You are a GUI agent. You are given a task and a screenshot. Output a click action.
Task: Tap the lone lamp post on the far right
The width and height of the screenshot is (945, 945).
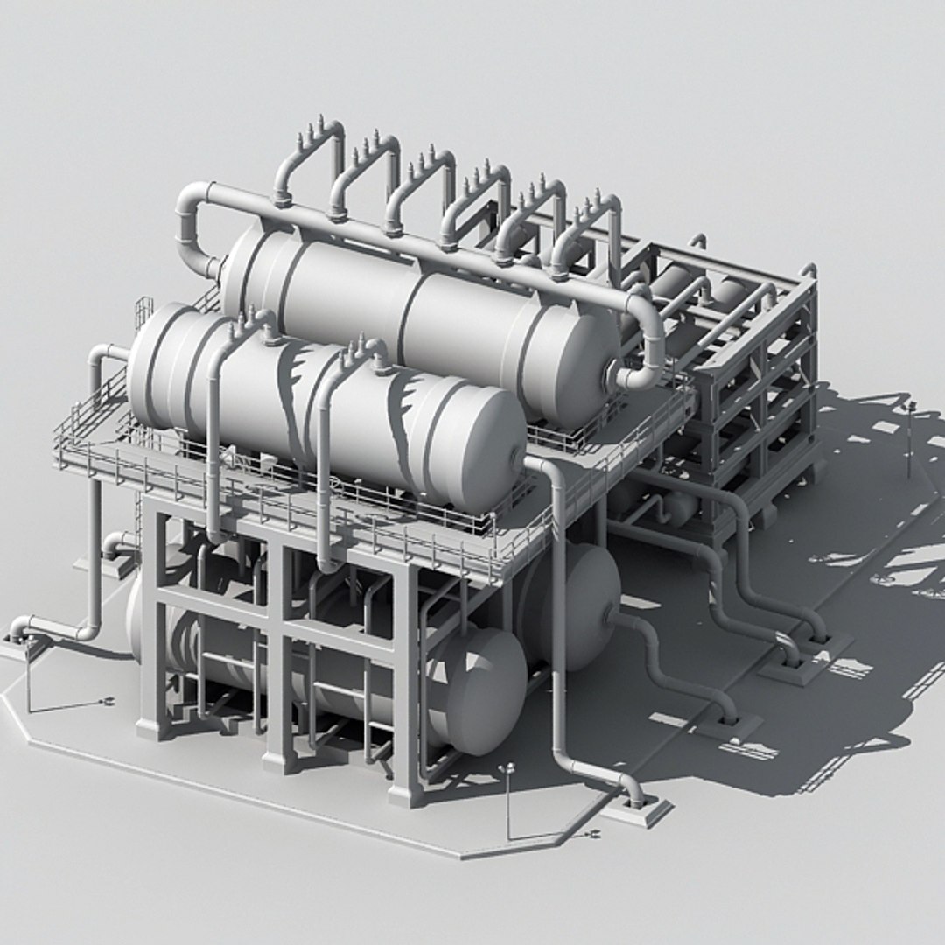(910, 437)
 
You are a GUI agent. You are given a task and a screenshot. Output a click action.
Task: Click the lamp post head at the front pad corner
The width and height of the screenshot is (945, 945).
(507, 769)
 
